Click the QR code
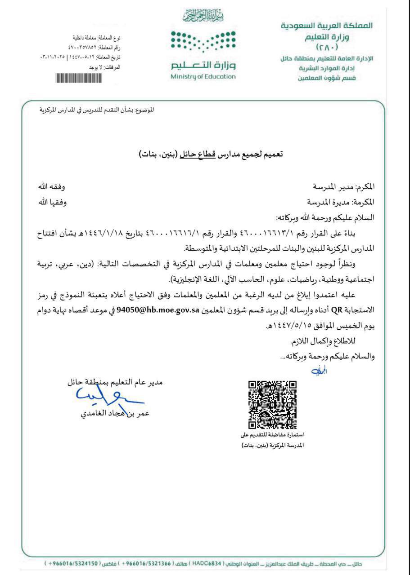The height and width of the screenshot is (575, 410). (273, 405)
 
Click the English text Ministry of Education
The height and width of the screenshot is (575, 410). (203, 76)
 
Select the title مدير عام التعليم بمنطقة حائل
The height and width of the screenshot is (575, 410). (115, 383)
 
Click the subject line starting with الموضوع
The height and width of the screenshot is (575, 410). (97, 110)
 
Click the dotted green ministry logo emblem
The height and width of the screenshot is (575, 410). (203, 43)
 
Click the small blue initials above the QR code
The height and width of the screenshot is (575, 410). (318, 371)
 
